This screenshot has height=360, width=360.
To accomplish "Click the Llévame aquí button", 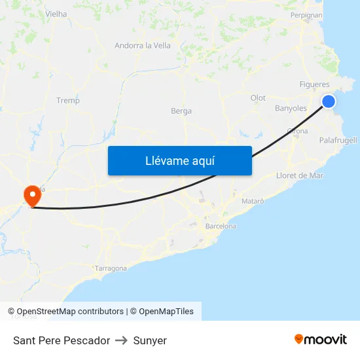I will pyautogui.click(x=179, y=160).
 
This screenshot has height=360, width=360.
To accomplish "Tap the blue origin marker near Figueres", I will pyautogui.click(x=329, y=101).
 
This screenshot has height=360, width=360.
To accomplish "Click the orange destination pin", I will pyautogui.click(x=31, y=195).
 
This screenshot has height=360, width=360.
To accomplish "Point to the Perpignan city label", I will pyautogui.click(x=306, y=14).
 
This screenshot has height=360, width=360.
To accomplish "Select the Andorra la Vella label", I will pyautogui.click(x=143, y=45).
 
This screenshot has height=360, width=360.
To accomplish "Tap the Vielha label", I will pyautogui.click(x=56, y=13).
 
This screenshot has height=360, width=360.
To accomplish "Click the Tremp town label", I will pyautogui.click(x=68, y=100).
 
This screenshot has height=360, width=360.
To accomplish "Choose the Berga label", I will pyautogui.click(x=181, y=111).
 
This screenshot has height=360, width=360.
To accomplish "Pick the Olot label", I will pyautogui.click(x=258, y=98).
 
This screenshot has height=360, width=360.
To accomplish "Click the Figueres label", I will pyautogui.click(x=314, y=84).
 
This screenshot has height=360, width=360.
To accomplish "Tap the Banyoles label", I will pyautogui.click(x=291, y=108).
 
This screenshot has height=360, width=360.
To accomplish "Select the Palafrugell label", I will pyautogui.click(x=338, y=140).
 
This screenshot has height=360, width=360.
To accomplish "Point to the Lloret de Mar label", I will pyautogui.click(x=300, y=175).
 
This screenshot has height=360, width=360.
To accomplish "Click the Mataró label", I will pyautogui.click(x=253, y=201).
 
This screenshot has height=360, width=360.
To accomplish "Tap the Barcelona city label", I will pyautogui.click(x=221, y=226).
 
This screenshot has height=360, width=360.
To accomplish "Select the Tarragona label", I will pyautogui.click(x=111, y=268).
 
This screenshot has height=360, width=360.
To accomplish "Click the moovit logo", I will pyautogui.click(x=320, y=340).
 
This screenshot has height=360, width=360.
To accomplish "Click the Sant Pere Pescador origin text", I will pyautogui.click(x=62, y=340).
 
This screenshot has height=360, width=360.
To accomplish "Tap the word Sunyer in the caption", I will pyautogui.click(x=150, y=340).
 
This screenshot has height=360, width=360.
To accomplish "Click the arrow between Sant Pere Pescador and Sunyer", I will pyautogui.click(x=122, y=340).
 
